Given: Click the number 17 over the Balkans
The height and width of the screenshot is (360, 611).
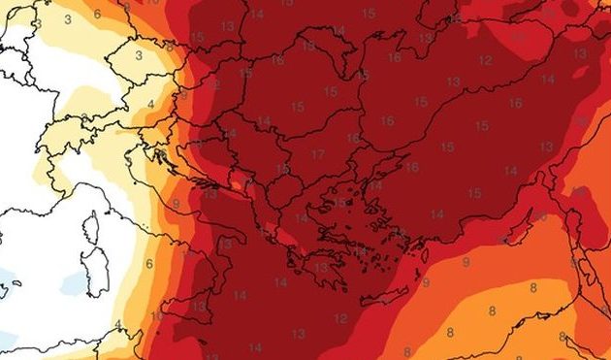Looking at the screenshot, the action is [x=318, y=154].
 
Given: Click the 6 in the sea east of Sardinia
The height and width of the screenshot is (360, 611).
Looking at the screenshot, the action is [x=149, y=263].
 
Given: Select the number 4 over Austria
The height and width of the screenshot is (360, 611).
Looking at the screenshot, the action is [x=151, y=103].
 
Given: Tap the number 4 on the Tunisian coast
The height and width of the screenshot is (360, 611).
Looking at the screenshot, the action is [x=117, y=323].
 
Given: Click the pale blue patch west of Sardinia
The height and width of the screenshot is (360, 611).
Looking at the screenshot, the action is [x=73, y=282].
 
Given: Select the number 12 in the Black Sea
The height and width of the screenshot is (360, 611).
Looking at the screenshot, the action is [x=485, y=60].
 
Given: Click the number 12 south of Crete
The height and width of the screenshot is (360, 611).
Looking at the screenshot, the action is [x=340, y=317].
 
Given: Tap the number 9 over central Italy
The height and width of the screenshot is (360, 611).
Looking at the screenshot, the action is [x=176, y=203].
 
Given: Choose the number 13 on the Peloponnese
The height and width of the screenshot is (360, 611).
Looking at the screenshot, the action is [x=292, y=260].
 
